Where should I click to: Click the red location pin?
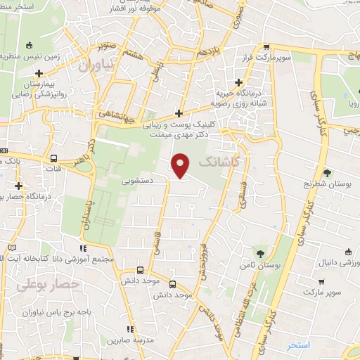coord(181,165)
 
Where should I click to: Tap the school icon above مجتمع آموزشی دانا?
coord(84,247)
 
